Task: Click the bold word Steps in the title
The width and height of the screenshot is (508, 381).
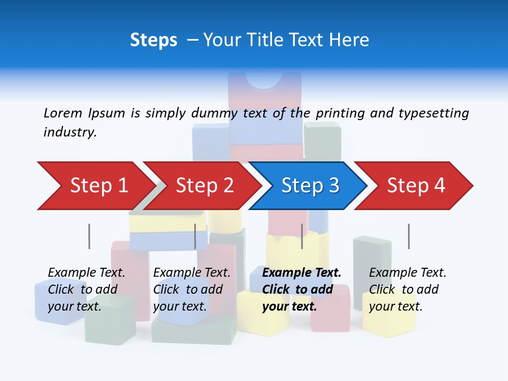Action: (153, 40)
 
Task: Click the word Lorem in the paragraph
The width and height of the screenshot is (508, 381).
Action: (63, 113)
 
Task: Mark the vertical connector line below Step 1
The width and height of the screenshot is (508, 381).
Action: (89, 236)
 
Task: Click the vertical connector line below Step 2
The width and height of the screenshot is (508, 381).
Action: (195, 236)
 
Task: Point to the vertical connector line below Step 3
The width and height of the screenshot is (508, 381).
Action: (302, 236)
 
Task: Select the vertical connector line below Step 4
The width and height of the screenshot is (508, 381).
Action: (409, 236)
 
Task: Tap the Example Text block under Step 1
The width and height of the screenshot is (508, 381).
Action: (86, 289)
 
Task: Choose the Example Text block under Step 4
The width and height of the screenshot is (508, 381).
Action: (407, 289)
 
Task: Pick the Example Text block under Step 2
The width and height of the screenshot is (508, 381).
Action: (192, 289)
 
